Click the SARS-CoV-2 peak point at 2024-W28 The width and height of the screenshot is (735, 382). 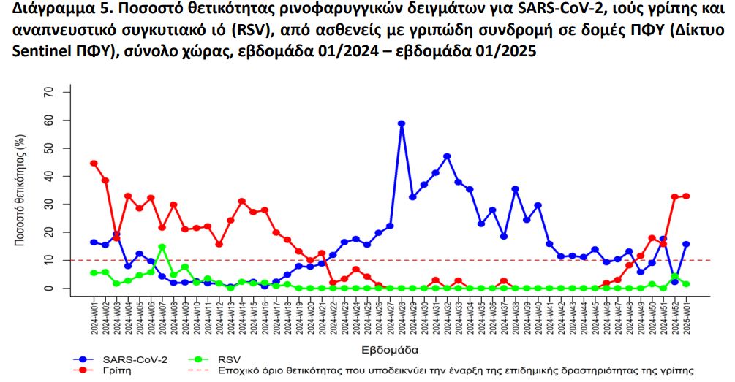tap(402, 123)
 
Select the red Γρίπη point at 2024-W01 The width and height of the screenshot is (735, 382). tap(94, 164)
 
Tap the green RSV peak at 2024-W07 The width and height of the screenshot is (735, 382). tap(162, 247)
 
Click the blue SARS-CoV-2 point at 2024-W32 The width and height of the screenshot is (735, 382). tap(447, 156)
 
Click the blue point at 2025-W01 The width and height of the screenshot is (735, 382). tap(686, 245)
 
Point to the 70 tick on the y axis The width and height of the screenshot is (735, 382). tap(49, 92)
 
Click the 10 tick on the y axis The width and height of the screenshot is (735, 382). tap(49, 260)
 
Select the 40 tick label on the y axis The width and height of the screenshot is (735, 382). tap(49, 176)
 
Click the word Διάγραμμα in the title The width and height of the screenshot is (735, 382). tap(44, 12)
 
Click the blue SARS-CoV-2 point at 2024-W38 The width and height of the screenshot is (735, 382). tap(515, 189)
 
